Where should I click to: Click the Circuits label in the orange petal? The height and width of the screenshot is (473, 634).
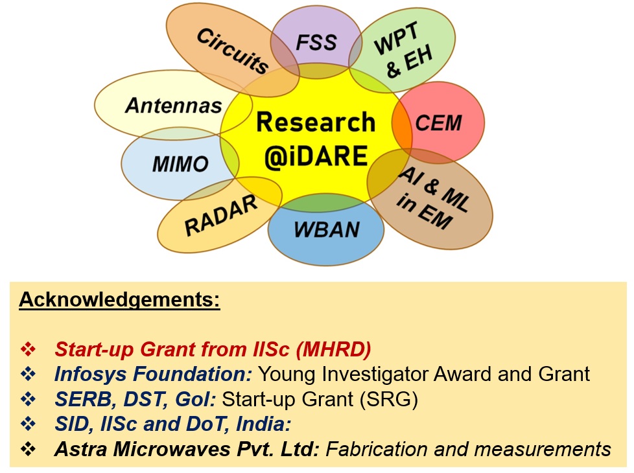tap(233, 51)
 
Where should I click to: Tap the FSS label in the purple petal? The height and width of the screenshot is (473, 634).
tap(316, 43)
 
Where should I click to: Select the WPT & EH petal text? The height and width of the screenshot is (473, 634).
tap(403, 50)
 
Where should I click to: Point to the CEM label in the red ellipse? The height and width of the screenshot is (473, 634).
tap(438, 123)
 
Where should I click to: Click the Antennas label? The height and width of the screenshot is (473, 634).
tap(174, 106)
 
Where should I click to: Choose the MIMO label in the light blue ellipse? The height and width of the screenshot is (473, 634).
tap(180, 164)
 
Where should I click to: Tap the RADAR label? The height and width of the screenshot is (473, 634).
tap(221, 215)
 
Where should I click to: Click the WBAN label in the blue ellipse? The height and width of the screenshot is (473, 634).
tap(327, 229)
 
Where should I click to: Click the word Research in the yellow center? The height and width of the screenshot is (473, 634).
tap(316, 122)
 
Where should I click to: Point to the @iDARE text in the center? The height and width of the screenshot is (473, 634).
tap(316, 156)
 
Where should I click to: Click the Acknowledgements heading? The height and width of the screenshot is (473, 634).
tap(119, 300)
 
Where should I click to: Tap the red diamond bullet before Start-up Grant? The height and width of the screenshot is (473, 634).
tap(29, 349)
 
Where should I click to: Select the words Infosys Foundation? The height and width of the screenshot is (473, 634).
tap(153, 374)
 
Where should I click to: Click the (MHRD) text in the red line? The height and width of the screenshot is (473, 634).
tap(334, 350)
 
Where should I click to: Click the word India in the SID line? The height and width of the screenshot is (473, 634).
tap(264, 424)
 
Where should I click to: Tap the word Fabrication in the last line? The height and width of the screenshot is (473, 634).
tap(377, 449)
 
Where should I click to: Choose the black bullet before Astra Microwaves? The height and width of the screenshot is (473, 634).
tap(29, 449)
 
